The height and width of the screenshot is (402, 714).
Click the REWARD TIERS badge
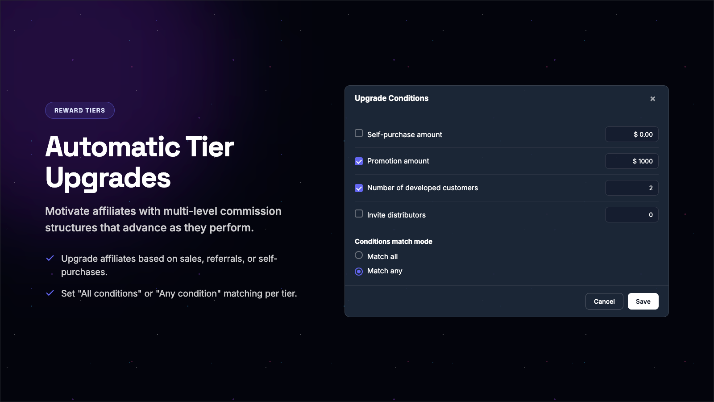point(80,110)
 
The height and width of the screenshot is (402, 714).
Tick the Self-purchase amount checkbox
point(359,134)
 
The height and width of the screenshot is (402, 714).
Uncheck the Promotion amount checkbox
point(359,161)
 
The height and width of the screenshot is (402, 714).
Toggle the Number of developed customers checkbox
point(359,188)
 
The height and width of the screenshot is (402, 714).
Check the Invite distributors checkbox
point(359,214)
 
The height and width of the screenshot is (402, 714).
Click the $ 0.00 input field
point(632,134)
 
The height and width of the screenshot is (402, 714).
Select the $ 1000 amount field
point(632,161)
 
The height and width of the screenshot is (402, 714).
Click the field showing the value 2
point(632,188)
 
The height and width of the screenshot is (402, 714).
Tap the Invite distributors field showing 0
point(632,215)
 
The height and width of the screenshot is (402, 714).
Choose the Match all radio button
point(359,255)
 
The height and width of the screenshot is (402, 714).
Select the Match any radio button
point(359,271)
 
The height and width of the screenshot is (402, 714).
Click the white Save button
point(643,301)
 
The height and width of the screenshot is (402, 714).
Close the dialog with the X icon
point(652,99)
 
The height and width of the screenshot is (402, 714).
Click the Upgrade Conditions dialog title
point(391,98)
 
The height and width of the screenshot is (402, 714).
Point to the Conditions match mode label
point(393,242)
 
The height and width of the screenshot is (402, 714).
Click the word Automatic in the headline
point(113,147)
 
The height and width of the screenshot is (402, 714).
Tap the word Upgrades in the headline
point(108,178)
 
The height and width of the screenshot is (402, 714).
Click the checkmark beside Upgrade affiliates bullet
point(50,258)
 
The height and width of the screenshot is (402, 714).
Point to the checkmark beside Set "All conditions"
point(50,293)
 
